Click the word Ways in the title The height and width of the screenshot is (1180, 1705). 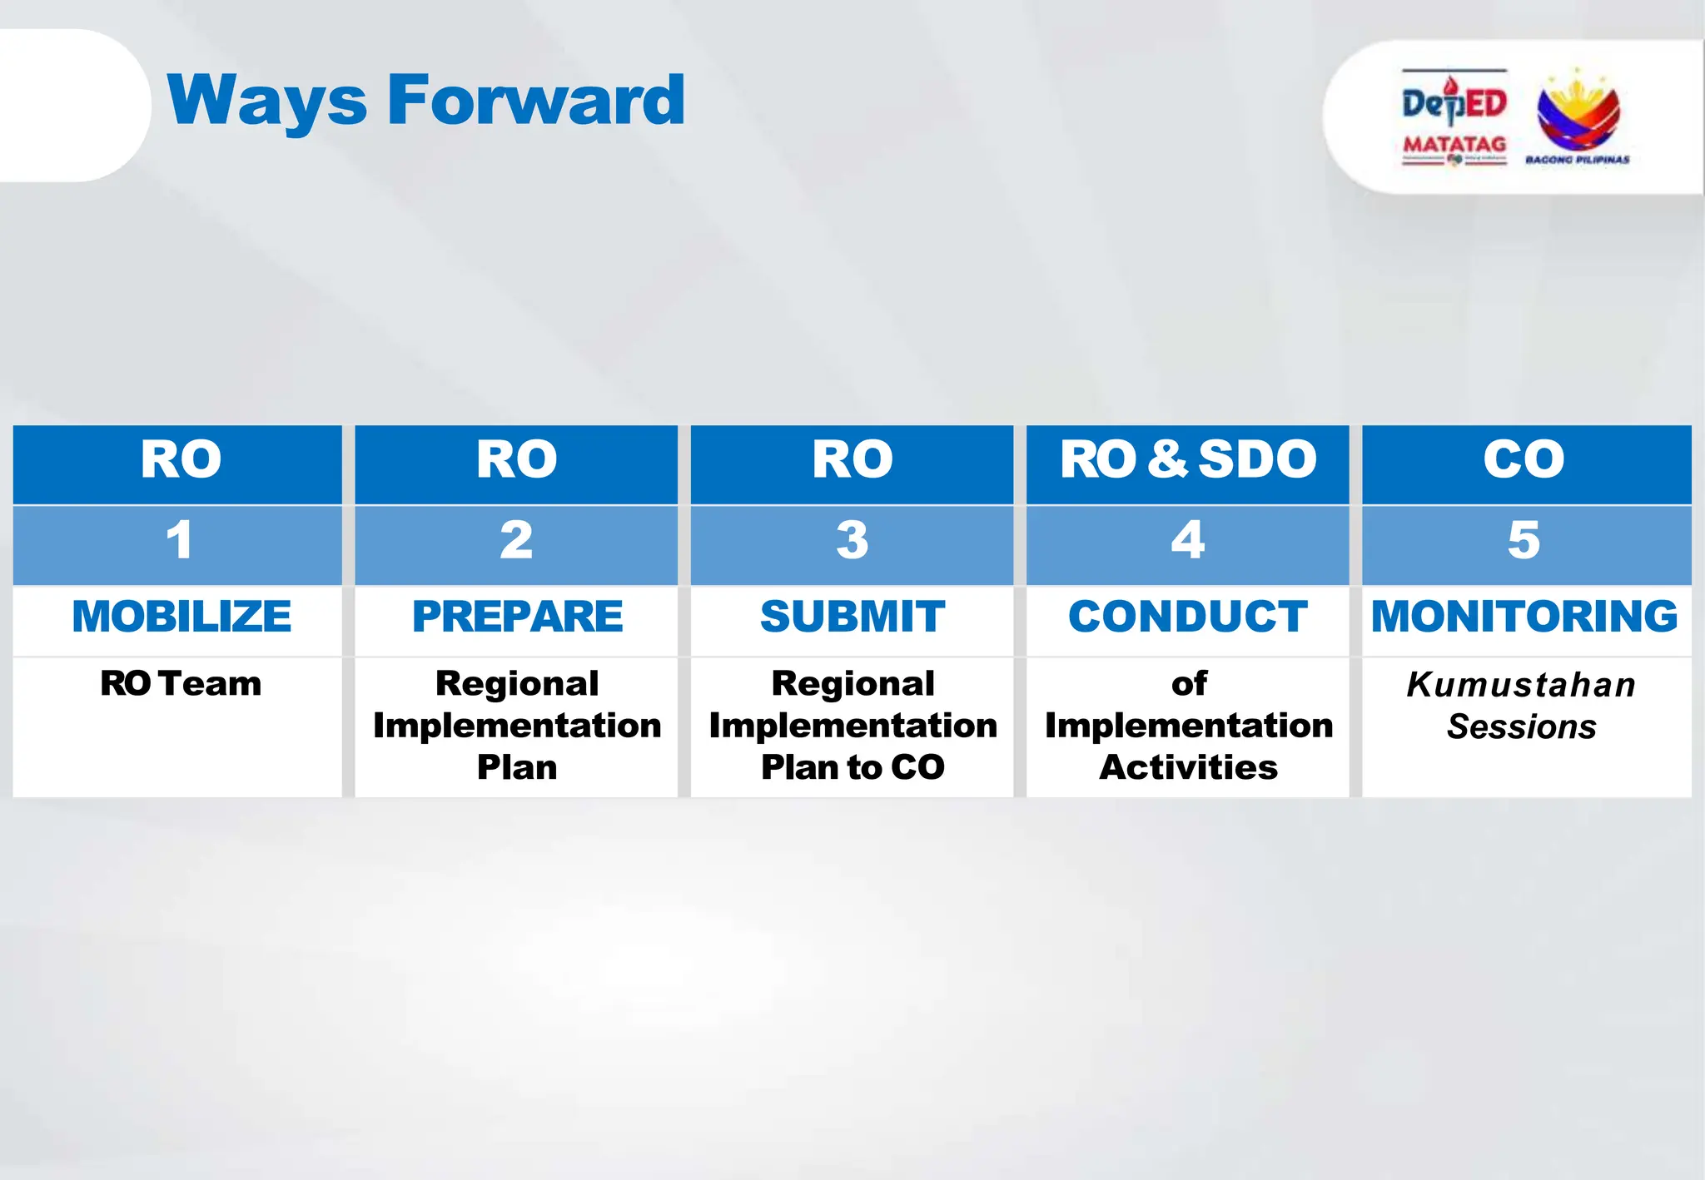pyautogui.click(x=266, y=102)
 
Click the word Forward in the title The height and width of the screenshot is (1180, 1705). pyautogui.click(x=536, y=100)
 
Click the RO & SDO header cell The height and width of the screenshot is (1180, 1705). pyautogui.click(x=1187, y=460)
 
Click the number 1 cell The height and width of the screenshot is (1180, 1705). pyautogui.click(x=178, y=541)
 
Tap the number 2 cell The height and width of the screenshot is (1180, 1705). pyautogui.click(x=516, y=541)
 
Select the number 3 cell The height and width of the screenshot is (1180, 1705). pyautogui.click(x=852, y=541)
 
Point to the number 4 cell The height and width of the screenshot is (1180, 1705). pyautogui.click(x=1187, y=541)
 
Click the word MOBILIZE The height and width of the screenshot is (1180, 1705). pyautogui.click(x=181, y=617)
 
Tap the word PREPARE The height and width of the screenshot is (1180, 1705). pyautogui.click(x=517, y=617)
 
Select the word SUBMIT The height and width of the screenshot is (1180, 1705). pyautogui.click(x=852, y=617)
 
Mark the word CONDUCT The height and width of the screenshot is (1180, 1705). pyautogui.click(x=1187, y=617)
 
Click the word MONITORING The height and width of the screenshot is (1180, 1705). pyautogui.click(x=1524, y=617)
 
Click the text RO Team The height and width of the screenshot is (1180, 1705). pyautogui.click(x=181, y=684)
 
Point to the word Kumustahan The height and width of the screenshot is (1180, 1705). pyautogui.click(x=1521, y=685)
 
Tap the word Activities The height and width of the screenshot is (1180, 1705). pyautogui.click(x=1188, y=767)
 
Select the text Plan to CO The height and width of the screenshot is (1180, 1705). pyautogui.click(x=852, y=767)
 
